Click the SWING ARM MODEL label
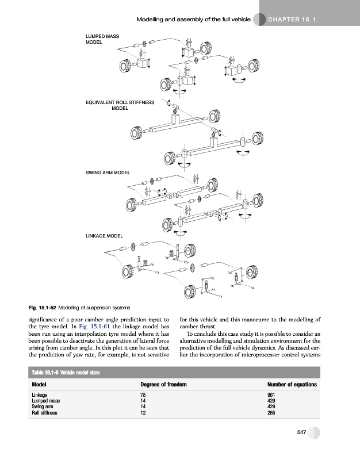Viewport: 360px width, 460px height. (x=108, y=172)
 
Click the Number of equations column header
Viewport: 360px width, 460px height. (x=292, y=385)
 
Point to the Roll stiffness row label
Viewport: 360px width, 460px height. (x=44, y=412)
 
